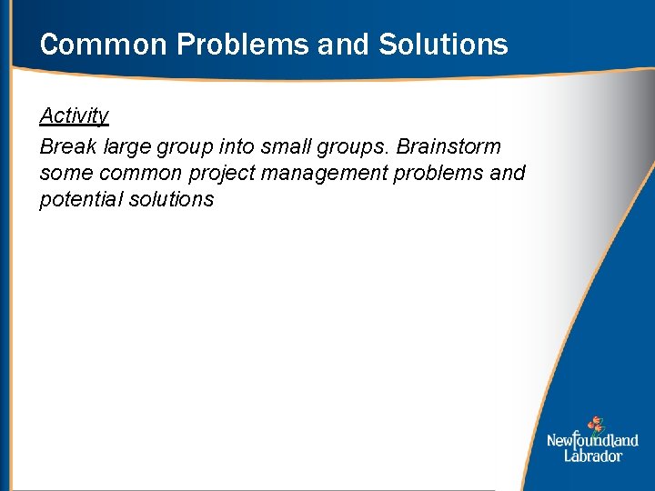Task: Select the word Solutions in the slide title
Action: click(x=443, y=44)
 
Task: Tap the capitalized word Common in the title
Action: click(x=89, y=44)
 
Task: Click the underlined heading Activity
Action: click(x=74, y=115)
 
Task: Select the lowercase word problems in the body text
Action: click(x=441, y=174)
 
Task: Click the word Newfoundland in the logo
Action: click(x=592, y=441)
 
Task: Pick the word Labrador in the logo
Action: click(x=592, y=456)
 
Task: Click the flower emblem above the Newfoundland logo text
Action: click(x=594, y=424)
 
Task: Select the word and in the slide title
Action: click(x=345, y=44)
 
